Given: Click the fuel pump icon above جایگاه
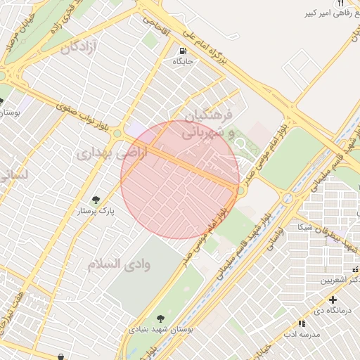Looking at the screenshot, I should click(183, 51).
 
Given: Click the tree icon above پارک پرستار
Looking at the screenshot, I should click(96, 200).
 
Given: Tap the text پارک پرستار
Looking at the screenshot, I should click(96, 210).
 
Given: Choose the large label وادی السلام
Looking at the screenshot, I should click(116, 264).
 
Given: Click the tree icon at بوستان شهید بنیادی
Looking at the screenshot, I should click(162, 319).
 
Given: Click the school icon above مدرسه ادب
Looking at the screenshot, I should click(302, 323).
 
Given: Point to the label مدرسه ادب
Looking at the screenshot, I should click(302, 334).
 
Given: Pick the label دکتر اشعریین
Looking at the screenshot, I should click(340, 280).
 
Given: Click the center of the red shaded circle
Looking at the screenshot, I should click(180, 179).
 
